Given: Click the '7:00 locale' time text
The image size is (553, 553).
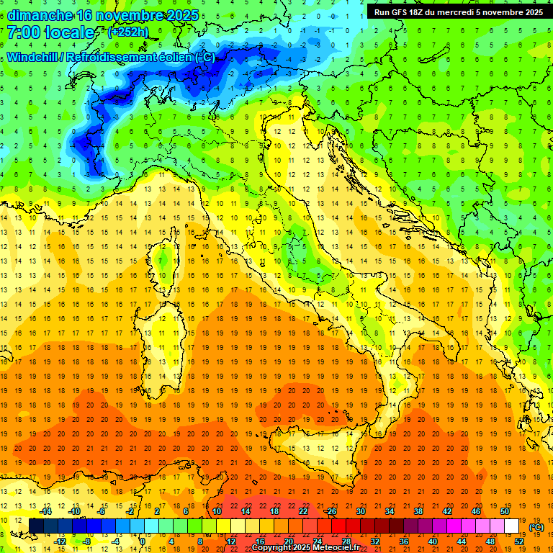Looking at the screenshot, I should [x=50, y=33].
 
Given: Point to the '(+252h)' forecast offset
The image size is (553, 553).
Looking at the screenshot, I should [x=129, y=32].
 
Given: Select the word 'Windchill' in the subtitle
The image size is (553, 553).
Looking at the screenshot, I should [x=35, y=57].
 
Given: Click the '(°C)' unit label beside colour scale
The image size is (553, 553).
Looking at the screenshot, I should [x=536, y=527].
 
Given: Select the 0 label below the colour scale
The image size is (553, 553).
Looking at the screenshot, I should [x=143, y=541].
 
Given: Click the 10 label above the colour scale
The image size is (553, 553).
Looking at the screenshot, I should [x=216, y=511].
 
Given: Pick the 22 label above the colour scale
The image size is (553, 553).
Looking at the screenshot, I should [x=303, y=511].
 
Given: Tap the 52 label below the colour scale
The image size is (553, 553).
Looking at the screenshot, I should [x=519, y=541].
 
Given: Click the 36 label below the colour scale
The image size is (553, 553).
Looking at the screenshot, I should [x=404, y=541].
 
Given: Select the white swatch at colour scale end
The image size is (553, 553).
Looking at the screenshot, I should [x=512, y=526].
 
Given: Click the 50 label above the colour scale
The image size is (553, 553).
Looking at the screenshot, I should [x=505, y=511].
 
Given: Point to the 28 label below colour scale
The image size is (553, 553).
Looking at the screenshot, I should [x=346, y=541].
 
